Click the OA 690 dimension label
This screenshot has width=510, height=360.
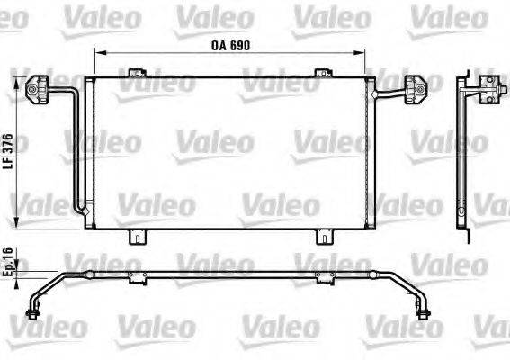click(229, 42)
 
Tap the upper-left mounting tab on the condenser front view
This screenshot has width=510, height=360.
click(136, 72)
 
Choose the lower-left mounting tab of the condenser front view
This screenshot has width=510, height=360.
click(136, 238)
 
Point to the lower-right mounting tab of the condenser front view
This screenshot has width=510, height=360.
click(322, 238)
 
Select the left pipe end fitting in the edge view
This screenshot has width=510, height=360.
click(34, 312)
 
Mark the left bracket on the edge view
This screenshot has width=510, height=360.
click(136, 272)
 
